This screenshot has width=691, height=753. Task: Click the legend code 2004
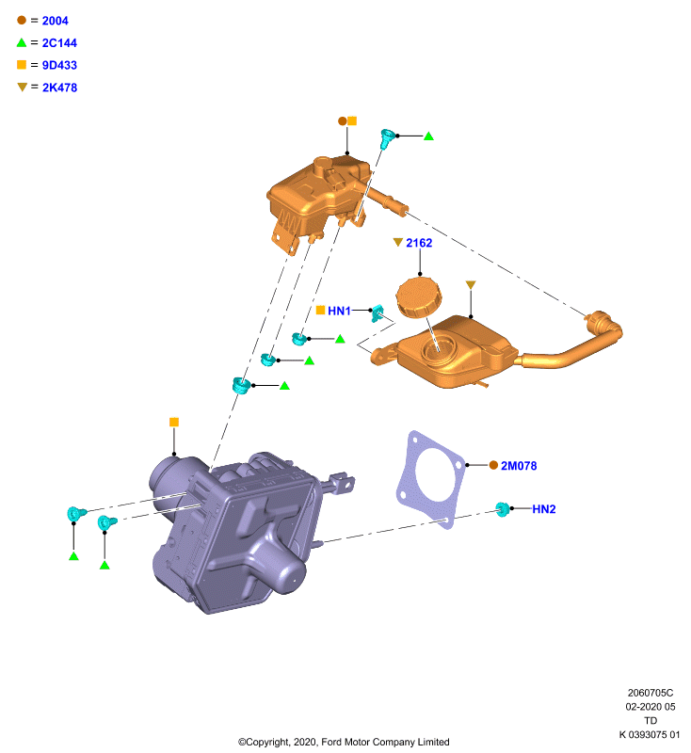point(55,21)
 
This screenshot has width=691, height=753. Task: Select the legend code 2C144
point(59,42)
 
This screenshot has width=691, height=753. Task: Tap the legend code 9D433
point(59,65)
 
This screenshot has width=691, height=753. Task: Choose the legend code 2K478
point(59,88)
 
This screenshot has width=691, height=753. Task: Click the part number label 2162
point(419,243)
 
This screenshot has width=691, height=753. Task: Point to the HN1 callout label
point(339,311)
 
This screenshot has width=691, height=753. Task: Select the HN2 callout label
point(543,509)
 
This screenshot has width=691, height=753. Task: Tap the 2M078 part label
point(519,466)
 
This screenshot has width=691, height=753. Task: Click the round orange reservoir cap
point(419,297)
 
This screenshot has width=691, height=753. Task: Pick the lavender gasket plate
point(431,480)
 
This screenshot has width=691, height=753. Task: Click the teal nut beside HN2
point(503,509)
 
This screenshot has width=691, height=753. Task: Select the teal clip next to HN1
point(378,313)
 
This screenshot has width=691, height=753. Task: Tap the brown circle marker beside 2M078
point(493,465)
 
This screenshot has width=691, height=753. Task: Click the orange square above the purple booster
point(174,422)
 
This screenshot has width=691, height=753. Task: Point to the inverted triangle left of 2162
point(397,242)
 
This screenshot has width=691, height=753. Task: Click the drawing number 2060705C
point(651,693)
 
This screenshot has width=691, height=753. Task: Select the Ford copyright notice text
point(344,742)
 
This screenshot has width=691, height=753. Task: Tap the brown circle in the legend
point(22,20)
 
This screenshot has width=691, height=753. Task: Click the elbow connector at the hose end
point(604,327)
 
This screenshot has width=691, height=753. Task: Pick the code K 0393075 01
point(650,735)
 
